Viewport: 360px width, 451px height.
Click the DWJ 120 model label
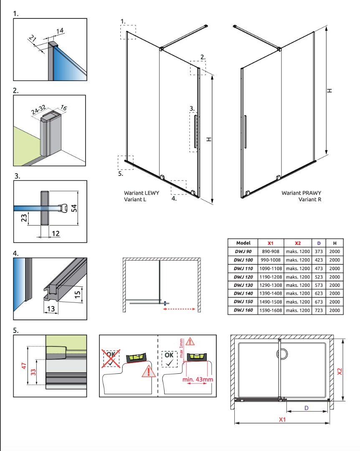[243, 277]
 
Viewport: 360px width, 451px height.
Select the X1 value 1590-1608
[271, 310]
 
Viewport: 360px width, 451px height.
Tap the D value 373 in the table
[319, 251]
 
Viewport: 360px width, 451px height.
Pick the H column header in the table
[335, 243]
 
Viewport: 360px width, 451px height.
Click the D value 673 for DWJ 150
[319, 302]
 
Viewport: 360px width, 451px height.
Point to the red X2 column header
[297, 243]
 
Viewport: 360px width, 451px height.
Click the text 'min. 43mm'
[198, 379]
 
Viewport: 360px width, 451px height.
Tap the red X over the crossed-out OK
[111, 358]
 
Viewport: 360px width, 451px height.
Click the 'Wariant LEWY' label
[141, 193]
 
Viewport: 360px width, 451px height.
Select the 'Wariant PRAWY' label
[301, 193]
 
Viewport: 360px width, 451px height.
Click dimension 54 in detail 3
[74, 208]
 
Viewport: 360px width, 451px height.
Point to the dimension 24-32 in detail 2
[38, 109]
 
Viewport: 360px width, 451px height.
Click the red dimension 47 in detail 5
[24, 365]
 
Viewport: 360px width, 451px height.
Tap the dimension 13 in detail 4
[51, 309]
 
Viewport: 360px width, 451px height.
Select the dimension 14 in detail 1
[60, 31]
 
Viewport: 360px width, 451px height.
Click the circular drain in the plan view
[282, 354]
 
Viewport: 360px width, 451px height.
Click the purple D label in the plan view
[307, 408]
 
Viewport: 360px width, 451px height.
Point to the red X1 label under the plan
[282, 419]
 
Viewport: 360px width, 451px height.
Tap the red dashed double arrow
[179, 309]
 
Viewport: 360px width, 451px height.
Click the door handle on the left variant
[195, 132]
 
